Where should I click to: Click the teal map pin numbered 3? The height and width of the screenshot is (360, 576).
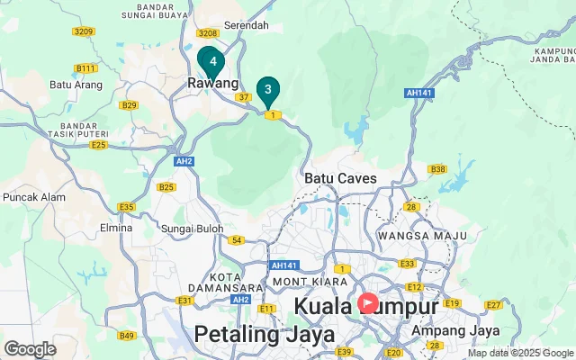tap(267, 90)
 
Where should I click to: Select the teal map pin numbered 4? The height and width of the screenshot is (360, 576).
tap(212, 61)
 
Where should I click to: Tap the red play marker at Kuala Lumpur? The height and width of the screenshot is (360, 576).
tap(368, 303)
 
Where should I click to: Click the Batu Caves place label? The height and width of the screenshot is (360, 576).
tap(341, 178)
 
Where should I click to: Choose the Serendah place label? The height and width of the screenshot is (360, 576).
tap(246, 25)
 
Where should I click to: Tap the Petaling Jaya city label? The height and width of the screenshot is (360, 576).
tap(265, 335)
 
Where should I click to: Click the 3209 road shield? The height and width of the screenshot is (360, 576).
tap(83, 31)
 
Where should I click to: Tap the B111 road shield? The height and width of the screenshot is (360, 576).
tap(85, 68)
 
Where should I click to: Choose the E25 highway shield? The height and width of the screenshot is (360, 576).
tap(98, 145)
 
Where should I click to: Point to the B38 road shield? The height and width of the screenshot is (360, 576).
tap(437, 169)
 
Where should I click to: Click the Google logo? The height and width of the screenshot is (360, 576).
tap(30, 349)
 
